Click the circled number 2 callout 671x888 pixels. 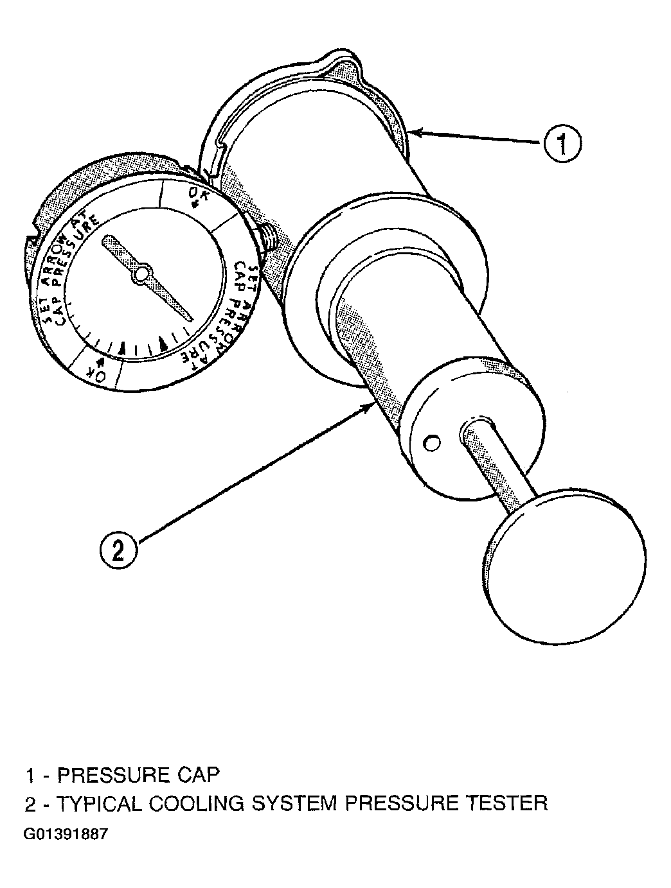(119, 551)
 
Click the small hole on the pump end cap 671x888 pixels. (431, 443)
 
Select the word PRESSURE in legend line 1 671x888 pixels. (112, 775)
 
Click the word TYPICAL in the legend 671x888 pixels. (99, 803)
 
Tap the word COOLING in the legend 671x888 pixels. (197, 803)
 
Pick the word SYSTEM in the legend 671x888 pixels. (294, 803)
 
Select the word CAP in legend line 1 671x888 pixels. (198, 775)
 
